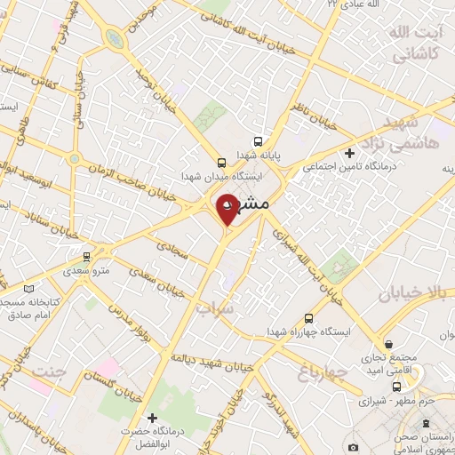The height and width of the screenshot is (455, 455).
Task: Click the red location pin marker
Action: tap(227, 209)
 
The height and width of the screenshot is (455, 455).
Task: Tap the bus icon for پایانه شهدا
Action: tap(258, 140)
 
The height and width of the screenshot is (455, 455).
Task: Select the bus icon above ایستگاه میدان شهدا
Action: tap(221, 162)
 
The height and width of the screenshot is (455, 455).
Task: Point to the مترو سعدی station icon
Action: tap(86, 257)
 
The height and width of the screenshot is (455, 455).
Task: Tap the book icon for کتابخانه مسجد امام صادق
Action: tap(30, 289)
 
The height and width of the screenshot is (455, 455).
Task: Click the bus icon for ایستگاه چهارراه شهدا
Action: tap(308, 317)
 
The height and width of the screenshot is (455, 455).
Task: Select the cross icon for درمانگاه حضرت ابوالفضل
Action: tap(152, 418)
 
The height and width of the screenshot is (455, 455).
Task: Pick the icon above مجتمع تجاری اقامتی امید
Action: tap(389, 345)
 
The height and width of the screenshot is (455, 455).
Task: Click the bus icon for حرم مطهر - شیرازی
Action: tap(397, 387)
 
